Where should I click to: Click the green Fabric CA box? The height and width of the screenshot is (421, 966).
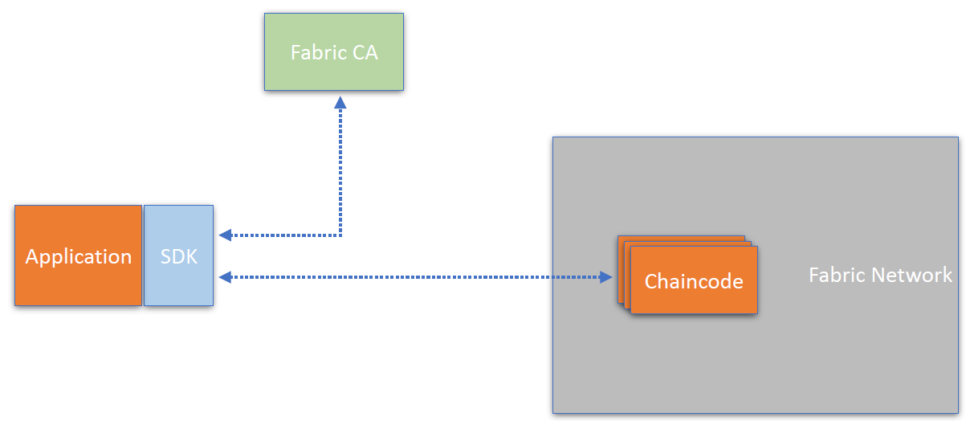coord(334,51)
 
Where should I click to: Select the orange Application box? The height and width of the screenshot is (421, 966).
coord(78,255)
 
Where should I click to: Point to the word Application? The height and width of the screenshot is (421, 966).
coord(78,256)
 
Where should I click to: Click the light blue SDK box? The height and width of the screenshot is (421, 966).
coord(178,255)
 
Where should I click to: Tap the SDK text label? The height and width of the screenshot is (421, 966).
coord(178,256)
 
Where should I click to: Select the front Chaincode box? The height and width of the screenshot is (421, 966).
coord(694,280)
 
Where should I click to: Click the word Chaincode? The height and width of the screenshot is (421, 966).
coord(694,281)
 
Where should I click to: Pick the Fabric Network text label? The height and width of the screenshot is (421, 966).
coord(880,275)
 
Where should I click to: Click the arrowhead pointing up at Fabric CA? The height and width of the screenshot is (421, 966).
coord(340,102)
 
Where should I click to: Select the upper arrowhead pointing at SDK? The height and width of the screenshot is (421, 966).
coord(225,235)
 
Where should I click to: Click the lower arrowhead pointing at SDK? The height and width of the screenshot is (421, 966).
coord(225,277)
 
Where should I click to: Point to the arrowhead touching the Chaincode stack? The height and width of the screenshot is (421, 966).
coord(606,277)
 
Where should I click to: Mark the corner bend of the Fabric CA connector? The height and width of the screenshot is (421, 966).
coord(340,235)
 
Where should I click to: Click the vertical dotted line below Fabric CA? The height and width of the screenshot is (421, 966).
coord(340,169)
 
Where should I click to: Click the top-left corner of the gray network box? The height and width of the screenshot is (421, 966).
coord(553,137)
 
